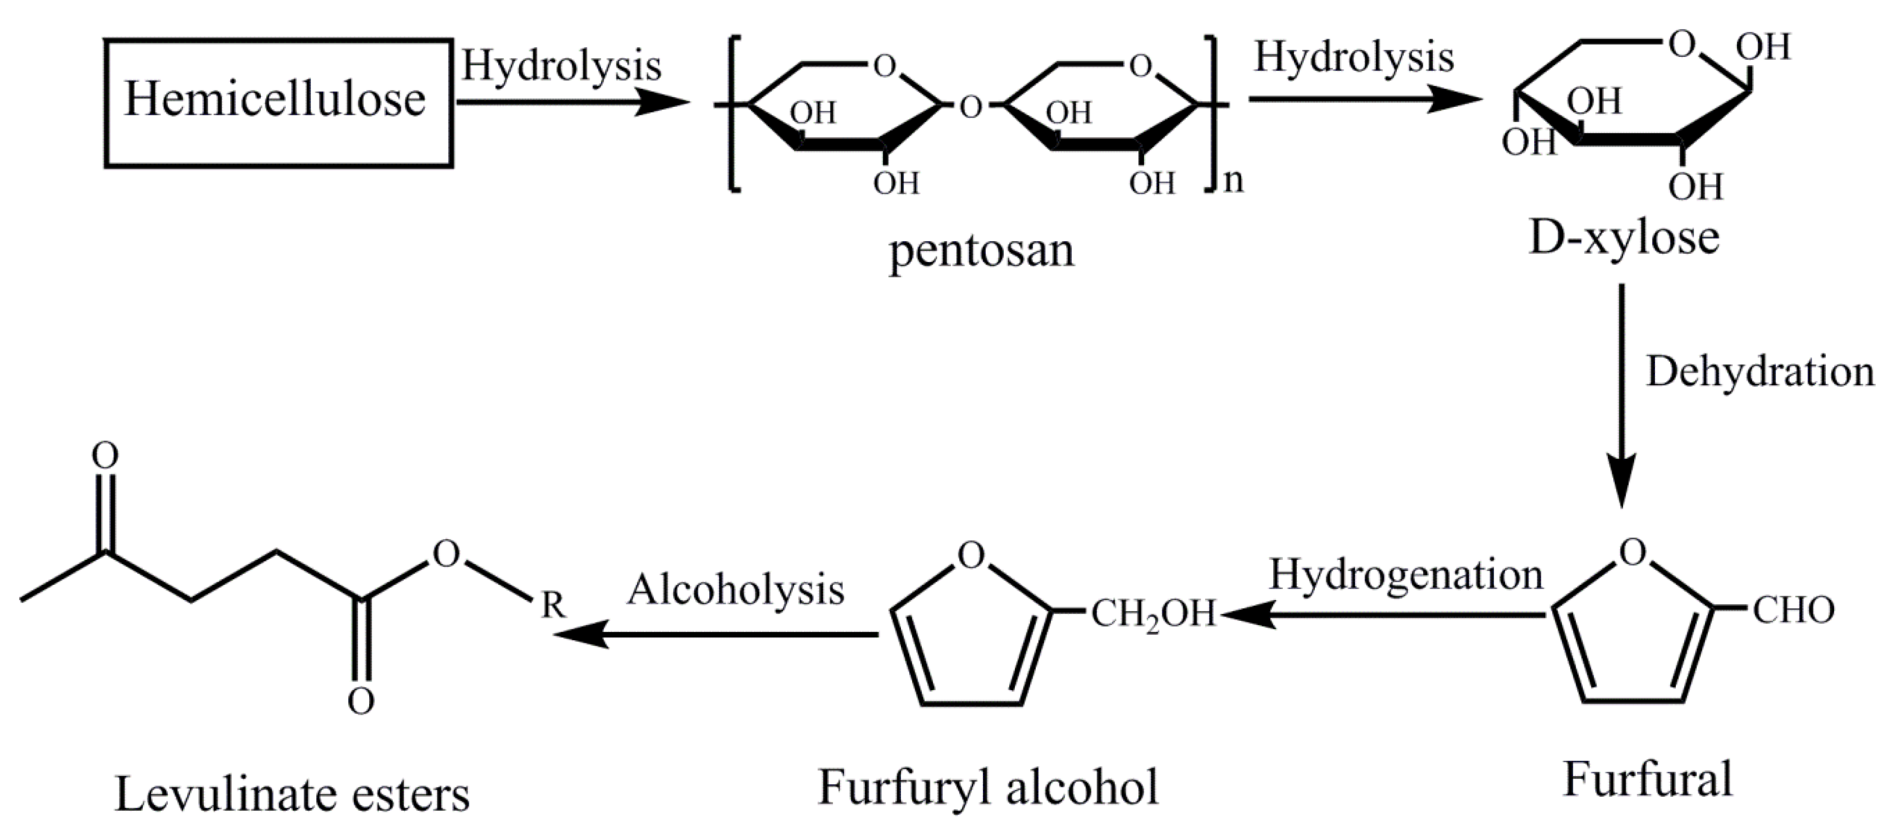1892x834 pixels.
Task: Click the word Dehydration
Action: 1760,372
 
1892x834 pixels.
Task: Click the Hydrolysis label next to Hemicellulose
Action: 561,66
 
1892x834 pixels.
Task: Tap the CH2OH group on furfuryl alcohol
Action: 1153,614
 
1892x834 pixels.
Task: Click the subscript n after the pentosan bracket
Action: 1234,181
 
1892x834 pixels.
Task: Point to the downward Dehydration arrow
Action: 1621,397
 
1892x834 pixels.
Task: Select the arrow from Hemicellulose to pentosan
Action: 573,103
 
